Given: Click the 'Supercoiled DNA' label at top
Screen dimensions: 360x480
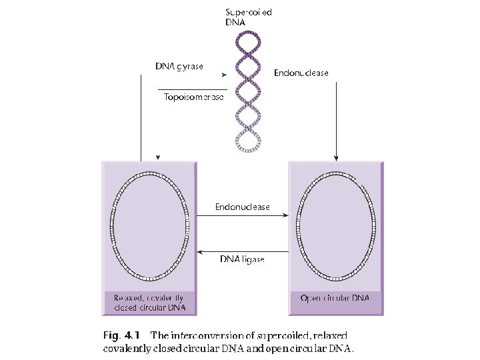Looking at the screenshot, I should click(x=248, y=17).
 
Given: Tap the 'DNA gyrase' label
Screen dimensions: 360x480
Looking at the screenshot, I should click(x=179, y=66).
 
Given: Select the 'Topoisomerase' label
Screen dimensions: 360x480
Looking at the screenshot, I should click(x=193, y=97).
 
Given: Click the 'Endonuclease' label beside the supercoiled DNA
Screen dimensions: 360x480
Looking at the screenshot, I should click(x=301, y=73).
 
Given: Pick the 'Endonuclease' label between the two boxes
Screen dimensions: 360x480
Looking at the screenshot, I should click(x=243, y=207).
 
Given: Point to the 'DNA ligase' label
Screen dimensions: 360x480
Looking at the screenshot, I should click(x=242, y=259).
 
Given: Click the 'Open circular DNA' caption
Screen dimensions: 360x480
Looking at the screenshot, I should click(x=335, y=297).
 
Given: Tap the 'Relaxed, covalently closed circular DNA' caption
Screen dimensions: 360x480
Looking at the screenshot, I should click(x=149, y=302).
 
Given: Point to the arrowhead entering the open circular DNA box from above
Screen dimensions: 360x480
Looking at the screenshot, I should click(x=337, y=158).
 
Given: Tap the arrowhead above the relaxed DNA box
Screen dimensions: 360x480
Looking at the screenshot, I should click(x=157, y=157).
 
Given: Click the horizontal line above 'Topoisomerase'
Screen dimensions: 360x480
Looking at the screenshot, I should click(x=193, y=89).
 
